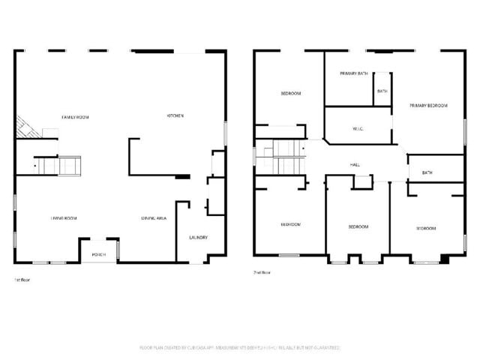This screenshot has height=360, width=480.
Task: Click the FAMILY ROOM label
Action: click(x=76, y=117)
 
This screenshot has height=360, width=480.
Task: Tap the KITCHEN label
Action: click(x=175, y=115)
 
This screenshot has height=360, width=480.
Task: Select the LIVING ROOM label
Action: click(x=64, y=218)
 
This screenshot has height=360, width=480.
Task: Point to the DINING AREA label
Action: click(x=153, y=218)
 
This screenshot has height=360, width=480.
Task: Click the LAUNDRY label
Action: click(x=198, y=238)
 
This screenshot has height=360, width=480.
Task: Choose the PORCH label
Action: click(x=99, y=255)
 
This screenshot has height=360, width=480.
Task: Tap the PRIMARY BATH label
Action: click(x=353, y=73)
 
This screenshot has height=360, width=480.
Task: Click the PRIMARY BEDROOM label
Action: click(x=428, y=106)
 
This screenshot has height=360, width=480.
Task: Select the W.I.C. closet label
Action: click(x=358, y=128)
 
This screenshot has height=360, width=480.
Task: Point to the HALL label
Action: click(x=355, y=164)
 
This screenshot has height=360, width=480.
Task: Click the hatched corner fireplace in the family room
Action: click(x=27, y=128)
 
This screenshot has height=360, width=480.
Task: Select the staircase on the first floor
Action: click(x=61, y=165)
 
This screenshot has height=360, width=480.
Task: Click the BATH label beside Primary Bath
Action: click(x=382, y=91)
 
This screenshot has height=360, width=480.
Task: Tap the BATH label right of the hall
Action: click(x=427, y=173)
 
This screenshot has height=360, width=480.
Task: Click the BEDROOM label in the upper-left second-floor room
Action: click(x=291, y=94)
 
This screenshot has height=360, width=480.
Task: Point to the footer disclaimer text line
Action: click(x=240, y=348)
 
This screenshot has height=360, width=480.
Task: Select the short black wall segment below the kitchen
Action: click(x=182, y=177)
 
